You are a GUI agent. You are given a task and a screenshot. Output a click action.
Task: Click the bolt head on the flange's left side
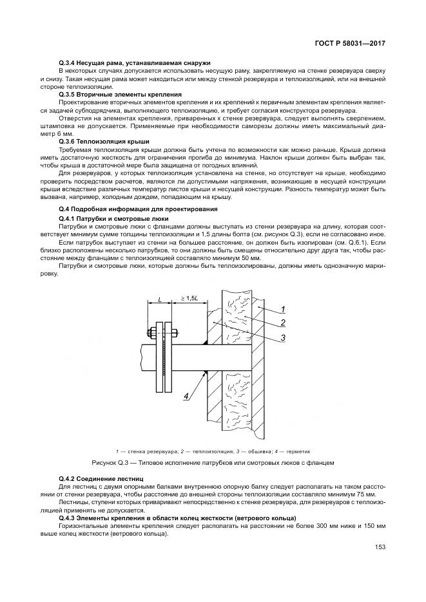(x=149, y=333)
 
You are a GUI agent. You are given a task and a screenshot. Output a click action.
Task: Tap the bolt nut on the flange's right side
(x=174, y=333)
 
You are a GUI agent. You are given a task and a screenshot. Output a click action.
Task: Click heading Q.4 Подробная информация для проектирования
(x=138, y=209)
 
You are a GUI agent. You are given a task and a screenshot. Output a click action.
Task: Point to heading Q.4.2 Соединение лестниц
(x=101, y=478)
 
